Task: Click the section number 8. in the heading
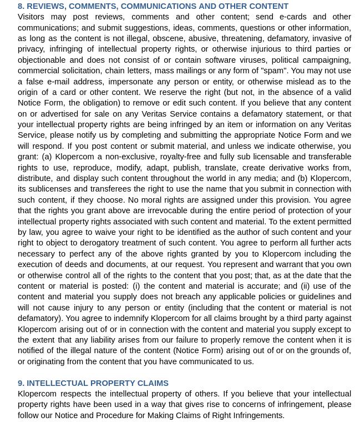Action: [x=21, y=6]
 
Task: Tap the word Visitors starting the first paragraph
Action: [x=31, y=17]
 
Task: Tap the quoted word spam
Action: [x=273, y=71]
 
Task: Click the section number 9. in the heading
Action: [x=21, y=383]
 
